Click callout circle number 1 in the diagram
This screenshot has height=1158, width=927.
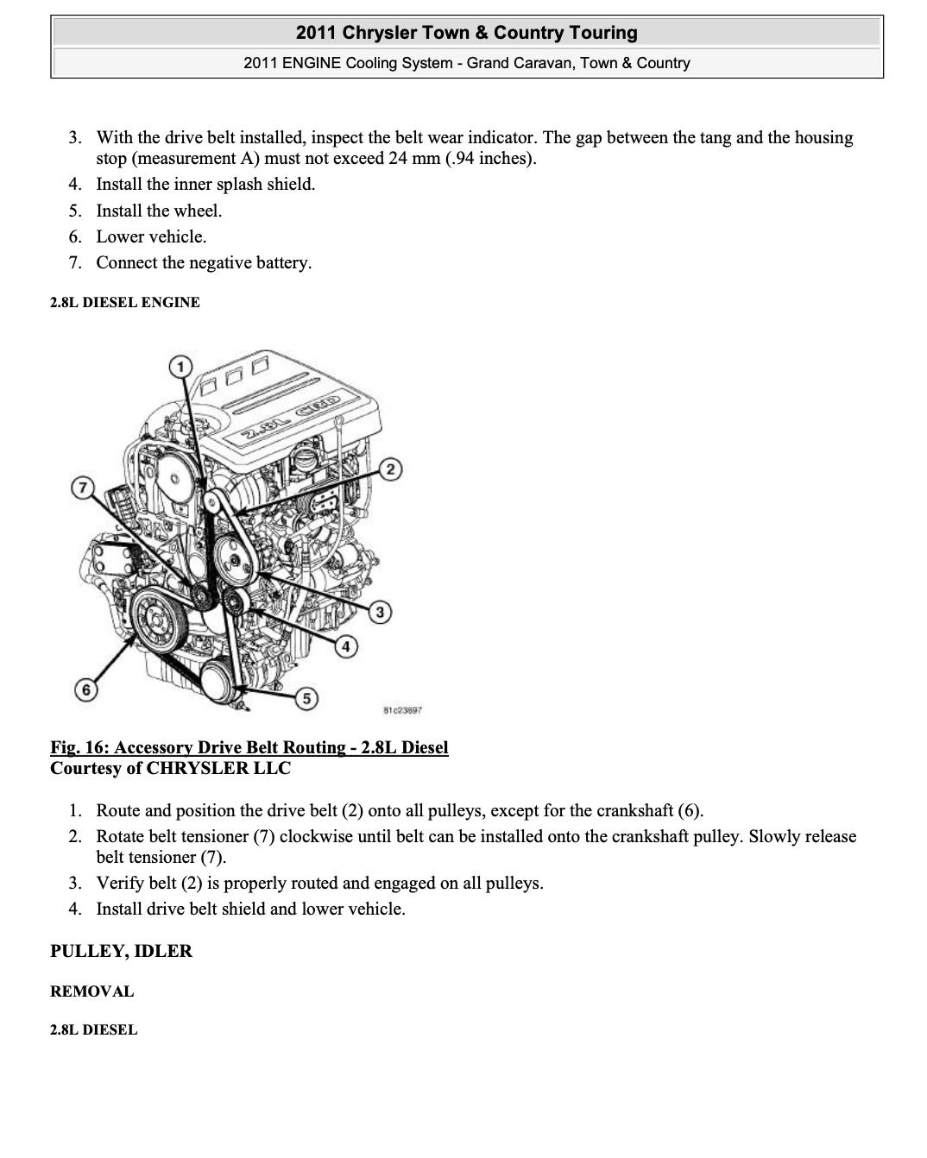click(180, 368)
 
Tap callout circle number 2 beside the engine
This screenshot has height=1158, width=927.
click(391, 469)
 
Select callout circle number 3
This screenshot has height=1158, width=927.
click(380, 613)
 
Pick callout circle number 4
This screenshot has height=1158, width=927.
click(346, 646)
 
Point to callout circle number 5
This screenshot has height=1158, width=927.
click(306, 698)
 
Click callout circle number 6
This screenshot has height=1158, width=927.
click(85, 689)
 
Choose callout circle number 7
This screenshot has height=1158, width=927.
click(82, 488)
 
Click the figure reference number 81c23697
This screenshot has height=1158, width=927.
click(401, 711)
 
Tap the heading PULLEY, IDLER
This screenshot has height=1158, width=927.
click(121, 951)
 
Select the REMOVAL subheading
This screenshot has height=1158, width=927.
click(91, 991)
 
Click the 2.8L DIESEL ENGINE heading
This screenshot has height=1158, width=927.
click(125, 302)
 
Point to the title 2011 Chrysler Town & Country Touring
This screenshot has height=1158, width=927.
click(466, 33)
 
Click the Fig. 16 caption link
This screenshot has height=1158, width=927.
click(249, 747)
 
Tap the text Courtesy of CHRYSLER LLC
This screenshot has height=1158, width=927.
click(170, 768)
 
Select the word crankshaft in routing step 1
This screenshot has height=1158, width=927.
click(634, 810)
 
